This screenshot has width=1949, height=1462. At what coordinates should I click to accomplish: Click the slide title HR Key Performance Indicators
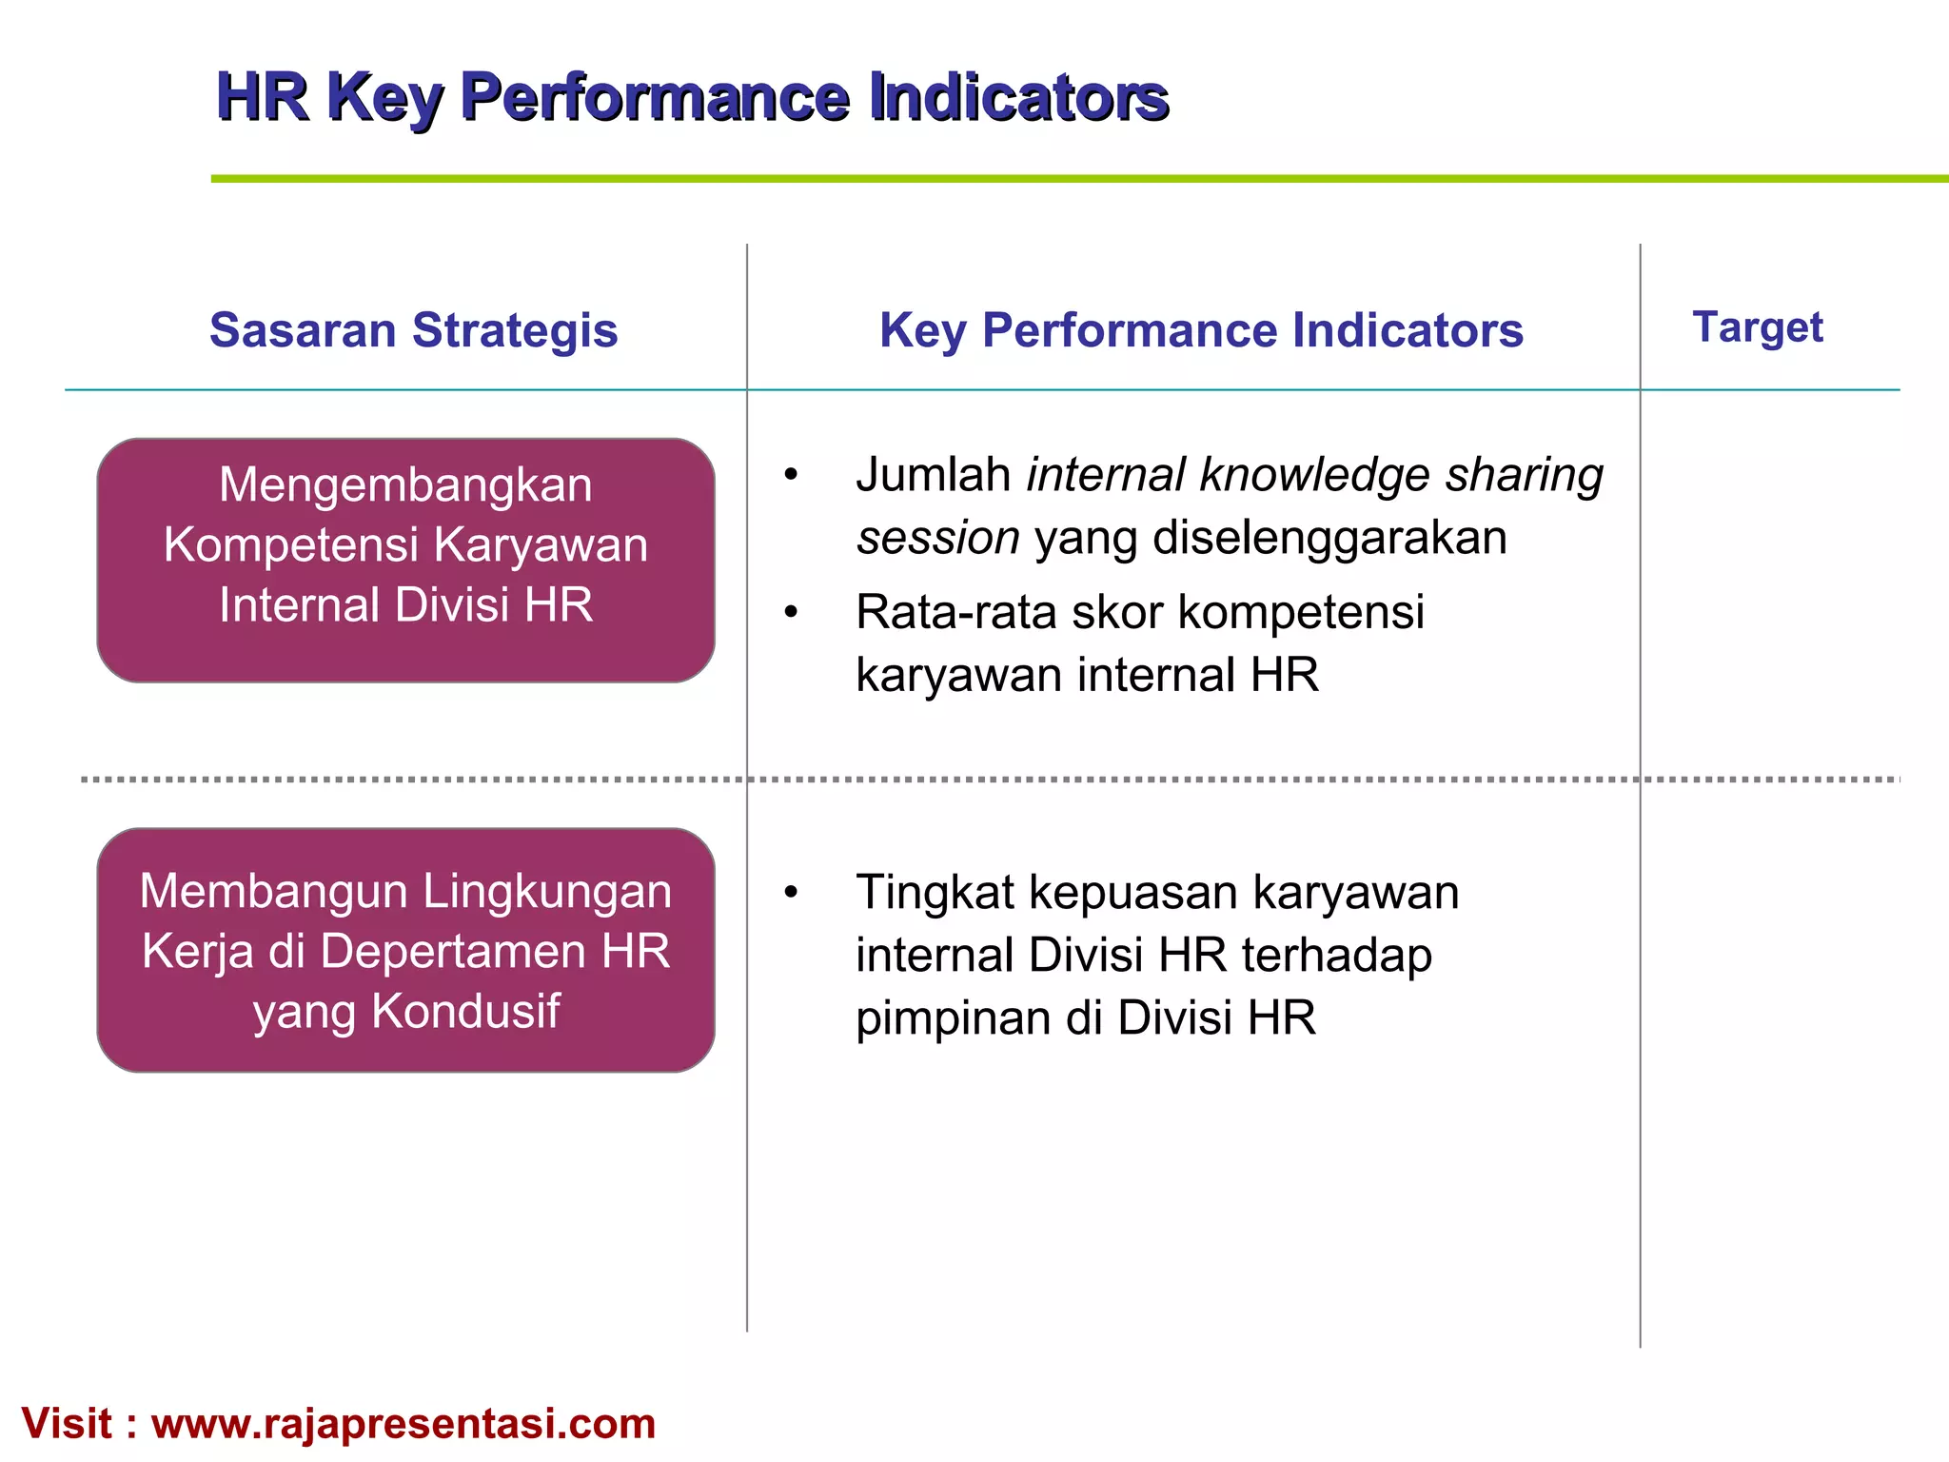(x=692, y=96)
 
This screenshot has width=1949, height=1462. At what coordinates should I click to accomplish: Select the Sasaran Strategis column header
(x=413, y=330)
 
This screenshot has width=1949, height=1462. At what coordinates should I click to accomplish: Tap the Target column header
(x=1757, y=327)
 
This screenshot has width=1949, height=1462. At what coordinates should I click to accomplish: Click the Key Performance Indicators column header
(x=1200, y=330)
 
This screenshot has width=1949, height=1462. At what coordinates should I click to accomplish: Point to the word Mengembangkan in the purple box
(x=405, y=484)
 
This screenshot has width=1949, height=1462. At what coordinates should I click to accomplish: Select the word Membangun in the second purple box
(x=273, y=892)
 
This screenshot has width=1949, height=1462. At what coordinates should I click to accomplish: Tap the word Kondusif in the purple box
(x=465, y=1011)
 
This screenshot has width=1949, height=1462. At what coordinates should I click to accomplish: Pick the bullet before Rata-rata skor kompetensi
(x=791, y=612)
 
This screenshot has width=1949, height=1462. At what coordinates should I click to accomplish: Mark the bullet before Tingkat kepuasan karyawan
(x=791, y=893)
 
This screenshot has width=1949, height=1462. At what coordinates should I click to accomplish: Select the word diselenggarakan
(x=1329, y=538)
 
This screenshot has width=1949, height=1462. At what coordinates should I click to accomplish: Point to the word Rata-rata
(x=955, y=612)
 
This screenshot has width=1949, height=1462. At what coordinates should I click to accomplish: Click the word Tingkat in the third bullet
(x=935, y=893)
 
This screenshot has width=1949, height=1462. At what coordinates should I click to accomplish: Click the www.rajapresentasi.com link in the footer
(x=404, y=1424)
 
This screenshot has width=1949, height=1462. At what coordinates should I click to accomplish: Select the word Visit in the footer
(x=67, y=1424)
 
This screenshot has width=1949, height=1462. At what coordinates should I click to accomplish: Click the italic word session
(x=938, y=538)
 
